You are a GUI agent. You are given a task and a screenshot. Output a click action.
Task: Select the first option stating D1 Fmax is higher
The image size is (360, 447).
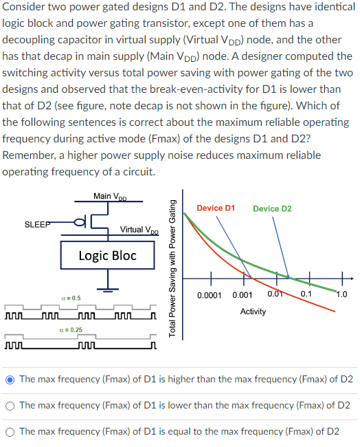(11, 380)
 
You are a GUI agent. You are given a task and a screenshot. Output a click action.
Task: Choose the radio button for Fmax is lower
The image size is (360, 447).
(11, 406)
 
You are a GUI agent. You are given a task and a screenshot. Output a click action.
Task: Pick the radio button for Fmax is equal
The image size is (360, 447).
(11, 432)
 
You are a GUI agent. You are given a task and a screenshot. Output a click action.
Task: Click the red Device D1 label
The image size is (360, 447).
(216, 208)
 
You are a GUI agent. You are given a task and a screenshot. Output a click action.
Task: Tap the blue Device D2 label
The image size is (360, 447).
(272, 208)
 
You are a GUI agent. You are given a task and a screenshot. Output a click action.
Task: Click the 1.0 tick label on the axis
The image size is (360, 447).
(341, 294)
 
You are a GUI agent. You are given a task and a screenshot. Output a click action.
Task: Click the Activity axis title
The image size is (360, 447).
(254, 312)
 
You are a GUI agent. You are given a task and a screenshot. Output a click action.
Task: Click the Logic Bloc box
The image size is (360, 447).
(107, 256)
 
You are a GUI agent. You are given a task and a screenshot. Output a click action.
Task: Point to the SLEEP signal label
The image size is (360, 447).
(37, 224)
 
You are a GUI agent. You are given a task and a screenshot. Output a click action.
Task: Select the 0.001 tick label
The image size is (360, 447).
(244, 294)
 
